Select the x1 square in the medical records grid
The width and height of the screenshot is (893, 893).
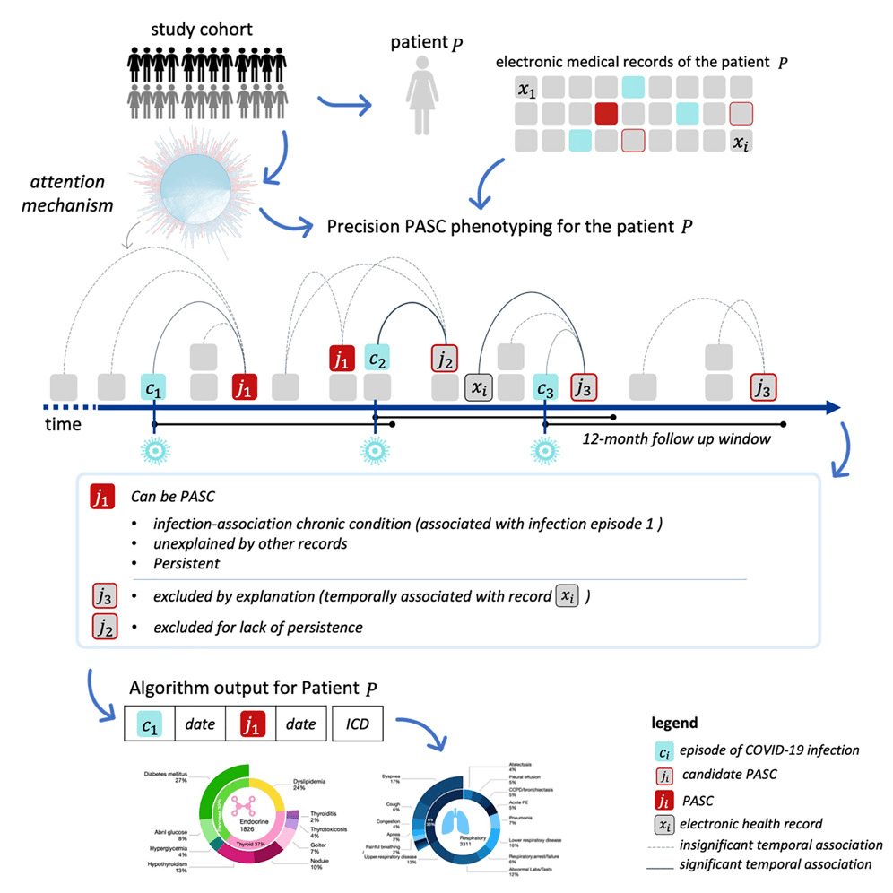pyautogui.click(x=527, y=88)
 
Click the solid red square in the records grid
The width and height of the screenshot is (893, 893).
pyautogui.click(x=607, y=113)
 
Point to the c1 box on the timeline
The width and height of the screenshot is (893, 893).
pyautogui.click(x=154, y=388)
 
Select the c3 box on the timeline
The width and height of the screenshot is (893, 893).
pyautogui.click(x=545, y=388)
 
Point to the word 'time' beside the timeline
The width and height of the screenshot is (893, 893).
pyautogui.click(x=63, y=424)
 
